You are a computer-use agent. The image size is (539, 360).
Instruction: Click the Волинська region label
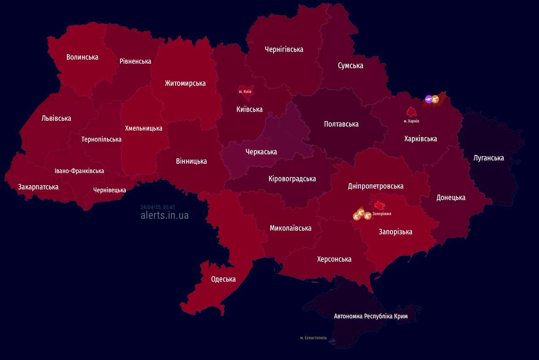point(82,57)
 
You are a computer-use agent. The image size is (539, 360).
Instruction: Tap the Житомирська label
point(185,83)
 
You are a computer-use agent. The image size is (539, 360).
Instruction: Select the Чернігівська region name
point(284,49)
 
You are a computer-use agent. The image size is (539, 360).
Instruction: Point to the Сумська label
point(350,66)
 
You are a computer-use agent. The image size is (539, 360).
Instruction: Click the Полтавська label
point(341,124)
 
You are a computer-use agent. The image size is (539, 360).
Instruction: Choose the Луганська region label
point(488,158)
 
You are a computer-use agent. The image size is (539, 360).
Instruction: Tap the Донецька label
point(451,198)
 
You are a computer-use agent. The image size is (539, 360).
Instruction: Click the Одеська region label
point(223,279)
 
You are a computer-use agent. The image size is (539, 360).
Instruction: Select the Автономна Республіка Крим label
point(371,316)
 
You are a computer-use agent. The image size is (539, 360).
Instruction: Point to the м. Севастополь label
point(314,338)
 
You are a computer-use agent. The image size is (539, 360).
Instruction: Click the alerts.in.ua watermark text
point(164,215)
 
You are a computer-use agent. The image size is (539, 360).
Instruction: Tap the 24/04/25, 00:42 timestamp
point(157,207)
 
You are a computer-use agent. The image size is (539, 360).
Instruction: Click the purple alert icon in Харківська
point(429,99)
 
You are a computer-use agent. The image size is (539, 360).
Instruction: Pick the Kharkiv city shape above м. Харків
point(411,111)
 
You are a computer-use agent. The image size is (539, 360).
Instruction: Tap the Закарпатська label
point(38,187)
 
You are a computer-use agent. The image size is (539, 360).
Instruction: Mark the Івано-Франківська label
point(79,171)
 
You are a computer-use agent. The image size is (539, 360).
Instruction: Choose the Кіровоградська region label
point(292,179)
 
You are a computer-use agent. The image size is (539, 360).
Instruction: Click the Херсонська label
point(334,259)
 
